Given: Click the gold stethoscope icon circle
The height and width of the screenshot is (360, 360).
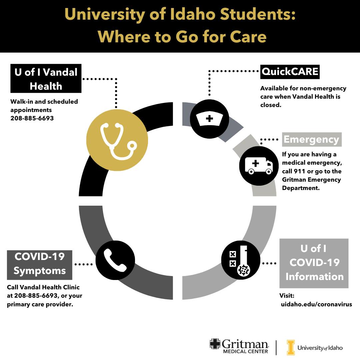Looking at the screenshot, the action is pos(117,140).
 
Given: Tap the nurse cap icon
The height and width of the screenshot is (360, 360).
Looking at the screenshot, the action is pos(209,119).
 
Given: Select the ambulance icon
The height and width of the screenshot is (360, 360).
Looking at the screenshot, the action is pos(259,166).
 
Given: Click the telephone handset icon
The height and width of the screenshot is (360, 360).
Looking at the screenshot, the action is pos(115,260).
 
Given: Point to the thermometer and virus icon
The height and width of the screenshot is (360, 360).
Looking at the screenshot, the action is pos(241,260).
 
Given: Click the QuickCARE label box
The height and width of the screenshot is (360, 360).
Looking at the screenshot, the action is pos(290,72).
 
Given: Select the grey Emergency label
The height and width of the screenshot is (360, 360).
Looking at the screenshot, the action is pos(312,139).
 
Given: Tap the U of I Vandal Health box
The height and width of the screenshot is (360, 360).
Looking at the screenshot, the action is pos(46,79).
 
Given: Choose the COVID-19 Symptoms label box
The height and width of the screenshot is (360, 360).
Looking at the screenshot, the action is pos(39,265).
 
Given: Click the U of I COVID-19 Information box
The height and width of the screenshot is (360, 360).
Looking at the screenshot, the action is pos(314,263).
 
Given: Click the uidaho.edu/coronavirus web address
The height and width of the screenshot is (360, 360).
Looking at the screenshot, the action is pos(316,304).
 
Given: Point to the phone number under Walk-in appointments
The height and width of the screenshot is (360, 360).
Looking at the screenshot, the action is pos(32,118).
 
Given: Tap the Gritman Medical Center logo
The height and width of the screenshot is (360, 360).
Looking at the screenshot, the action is pos(239,346).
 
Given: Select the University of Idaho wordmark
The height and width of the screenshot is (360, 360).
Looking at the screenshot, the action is pos(320,348).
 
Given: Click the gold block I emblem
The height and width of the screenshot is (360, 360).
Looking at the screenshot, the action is pos(291,347).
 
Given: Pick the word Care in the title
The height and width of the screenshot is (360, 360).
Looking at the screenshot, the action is pos(248,37).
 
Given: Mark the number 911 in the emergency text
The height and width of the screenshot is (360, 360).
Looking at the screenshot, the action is pos(299,171).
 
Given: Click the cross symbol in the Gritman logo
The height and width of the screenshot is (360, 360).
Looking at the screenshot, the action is pos(215,344).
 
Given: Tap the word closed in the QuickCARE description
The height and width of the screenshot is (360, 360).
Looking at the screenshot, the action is pos(271,105).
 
